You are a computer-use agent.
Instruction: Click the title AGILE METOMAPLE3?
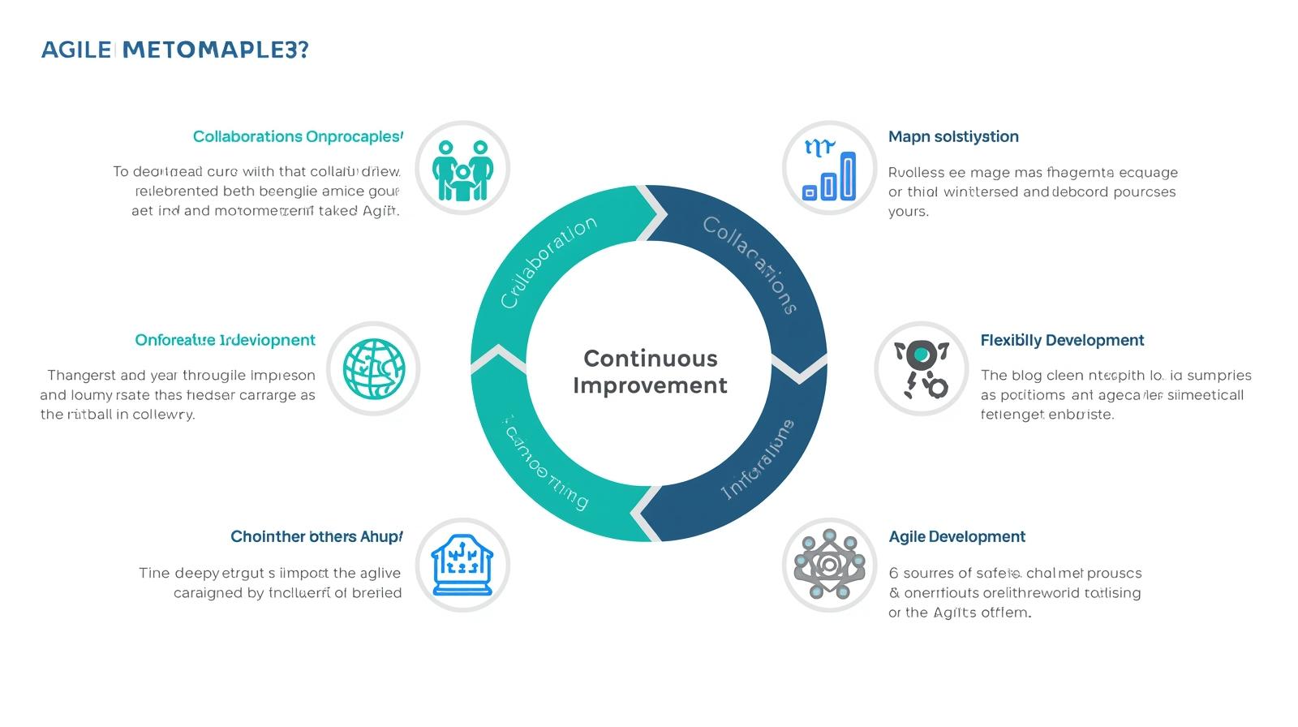click(174, 50)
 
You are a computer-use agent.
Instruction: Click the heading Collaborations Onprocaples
click(297, 136)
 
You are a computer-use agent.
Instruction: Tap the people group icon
click(462, 169)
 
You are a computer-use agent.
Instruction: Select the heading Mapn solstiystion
click(953, 136)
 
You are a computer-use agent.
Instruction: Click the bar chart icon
click(829, 169)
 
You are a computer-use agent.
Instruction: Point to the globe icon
click(373, 368)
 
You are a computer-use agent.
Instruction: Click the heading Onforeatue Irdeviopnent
click(225, 340)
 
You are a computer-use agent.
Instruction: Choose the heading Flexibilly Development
click(1062, 340)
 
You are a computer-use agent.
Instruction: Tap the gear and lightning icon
click(922, 368)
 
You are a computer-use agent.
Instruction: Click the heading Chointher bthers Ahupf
click(316, 536)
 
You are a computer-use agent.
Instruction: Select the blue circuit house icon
click(462, 565)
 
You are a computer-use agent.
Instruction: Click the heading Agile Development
click(956, 536)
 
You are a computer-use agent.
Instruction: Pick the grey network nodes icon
click(829, 565)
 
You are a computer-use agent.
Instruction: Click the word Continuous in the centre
click(650, 358)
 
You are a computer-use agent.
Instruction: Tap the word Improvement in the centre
click(650, 385)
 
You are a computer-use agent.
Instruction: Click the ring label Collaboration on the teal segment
click(548, 262)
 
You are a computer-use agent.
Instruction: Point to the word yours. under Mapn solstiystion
click(908, 212)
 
